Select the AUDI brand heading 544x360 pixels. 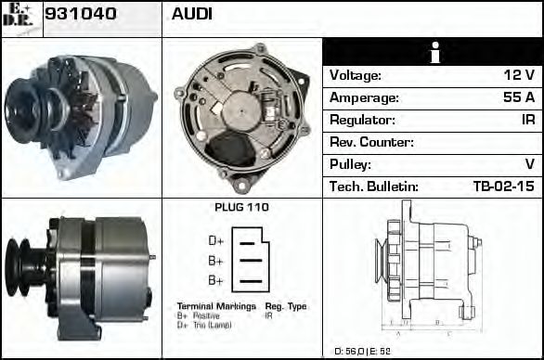[192, 14]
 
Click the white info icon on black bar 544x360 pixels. [433, 53]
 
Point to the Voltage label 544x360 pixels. [356, 76]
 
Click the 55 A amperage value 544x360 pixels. [517, 98]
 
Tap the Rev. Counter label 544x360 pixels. [371, 143]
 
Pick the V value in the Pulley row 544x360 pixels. [529, 165]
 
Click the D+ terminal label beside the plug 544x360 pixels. [215, 241]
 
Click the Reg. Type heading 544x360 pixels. [285, 306]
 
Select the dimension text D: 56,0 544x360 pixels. [352, 351]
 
